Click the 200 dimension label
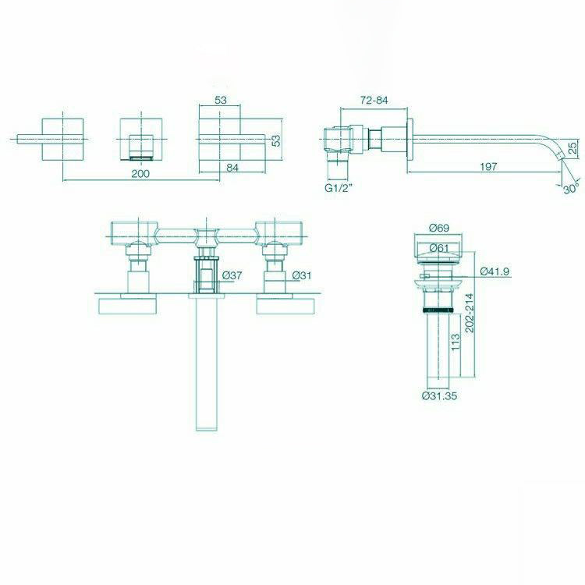pyautogui.click(x=140, y=174)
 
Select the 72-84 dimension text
pyautogui.click(x=375, y=101)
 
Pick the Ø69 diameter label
pyautogui.click(x=438, y=228)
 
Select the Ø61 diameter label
pyautogui.click(x=438, y=248)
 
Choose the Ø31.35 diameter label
pyautogui.click(x=438, y=395)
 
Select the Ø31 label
pyautogui.click(x=302, y=275)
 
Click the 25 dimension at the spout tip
pyautogui.click(x=572, y=147)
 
